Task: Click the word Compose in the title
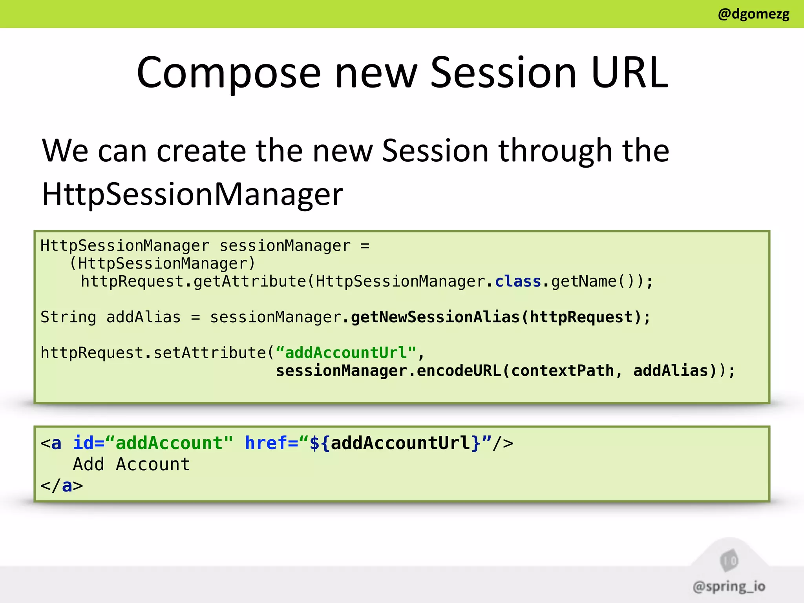pos(228,73)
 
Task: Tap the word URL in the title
pos(629,73)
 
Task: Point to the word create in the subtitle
pos(201,151)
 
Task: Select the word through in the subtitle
pos(555,151)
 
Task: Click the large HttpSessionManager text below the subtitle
pos(192,194)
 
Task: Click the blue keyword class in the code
pos(518,281)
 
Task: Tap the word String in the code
pos(68,317)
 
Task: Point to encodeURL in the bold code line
pos(459,371)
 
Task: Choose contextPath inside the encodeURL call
pos(562,371)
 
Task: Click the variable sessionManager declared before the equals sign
pos(285,246)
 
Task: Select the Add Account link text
pos(132,464)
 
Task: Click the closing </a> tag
pos(62,486)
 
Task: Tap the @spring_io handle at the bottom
pos(729,587)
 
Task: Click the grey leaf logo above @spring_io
pos(729,560)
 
